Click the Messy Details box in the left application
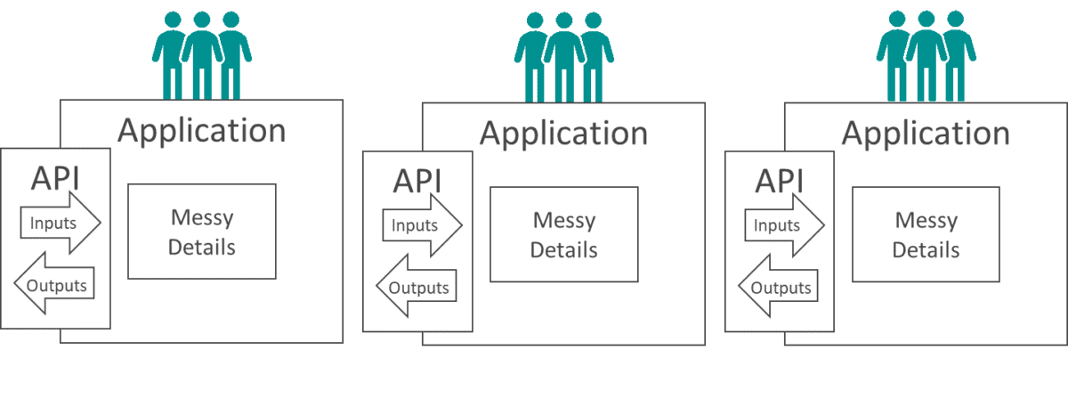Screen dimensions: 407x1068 (202, 231)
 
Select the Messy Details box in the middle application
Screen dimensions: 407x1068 (564, 233)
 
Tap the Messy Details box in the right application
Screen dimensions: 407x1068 (926, 233)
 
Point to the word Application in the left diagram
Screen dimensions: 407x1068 (202, 130)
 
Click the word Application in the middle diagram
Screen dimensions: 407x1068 (564, 134)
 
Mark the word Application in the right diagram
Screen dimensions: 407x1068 (926, 134)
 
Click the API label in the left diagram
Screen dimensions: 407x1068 (55, 177)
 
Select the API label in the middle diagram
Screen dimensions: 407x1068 (417, 181)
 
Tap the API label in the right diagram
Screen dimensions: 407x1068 (780, 181)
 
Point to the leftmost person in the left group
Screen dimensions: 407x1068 (172, 53)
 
